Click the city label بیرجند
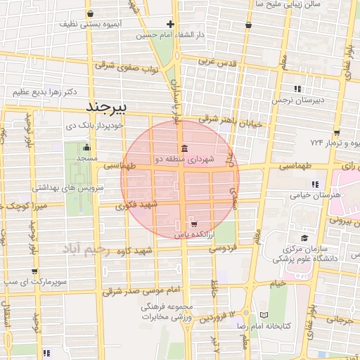tap(108, 108)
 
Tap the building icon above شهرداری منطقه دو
tap(184, 148)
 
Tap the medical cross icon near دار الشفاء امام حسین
tap(170, 24)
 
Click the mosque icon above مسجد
tap(86, 148)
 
